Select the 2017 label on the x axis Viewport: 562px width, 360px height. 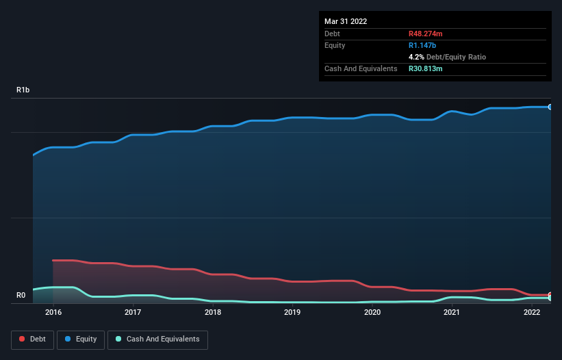(133, 313)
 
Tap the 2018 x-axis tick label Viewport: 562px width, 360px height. (213, 313)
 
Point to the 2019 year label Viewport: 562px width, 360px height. (292, 313)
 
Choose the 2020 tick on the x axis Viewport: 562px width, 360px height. (372, 313)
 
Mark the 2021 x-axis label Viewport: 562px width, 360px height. (452, 313)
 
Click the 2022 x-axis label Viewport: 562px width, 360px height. (532, 313)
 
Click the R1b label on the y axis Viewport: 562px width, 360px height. (23, 90)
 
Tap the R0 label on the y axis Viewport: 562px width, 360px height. (21, 296)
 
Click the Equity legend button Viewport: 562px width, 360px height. (81, 339)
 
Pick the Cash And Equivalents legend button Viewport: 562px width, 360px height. (157, 339)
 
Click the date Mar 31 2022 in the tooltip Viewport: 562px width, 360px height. (346, 21)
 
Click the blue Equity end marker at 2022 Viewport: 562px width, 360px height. (550, 107)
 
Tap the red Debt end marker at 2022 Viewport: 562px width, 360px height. (550, 295)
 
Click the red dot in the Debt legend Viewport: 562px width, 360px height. (22, 339)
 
